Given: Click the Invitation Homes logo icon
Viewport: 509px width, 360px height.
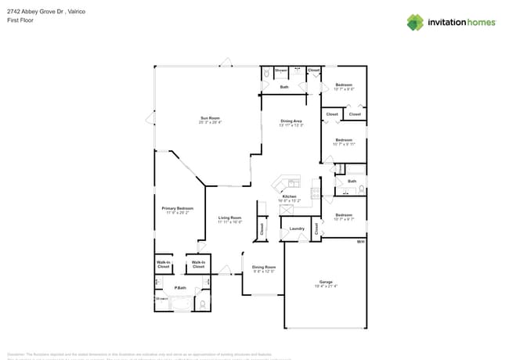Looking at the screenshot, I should pyautogui.click(x=415, y=22).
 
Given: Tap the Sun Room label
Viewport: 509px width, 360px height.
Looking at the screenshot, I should pyautogui.click(x=209, y=120).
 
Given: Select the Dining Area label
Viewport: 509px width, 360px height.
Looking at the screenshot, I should pyautogui.click(x=291, y=123).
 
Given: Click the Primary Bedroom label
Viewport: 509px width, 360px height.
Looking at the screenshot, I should pyautogui.click(x=177, y=210).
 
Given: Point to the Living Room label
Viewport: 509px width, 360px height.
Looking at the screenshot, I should pyautogui.click(x=229, y=219).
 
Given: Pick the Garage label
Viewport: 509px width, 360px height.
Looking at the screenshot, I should pyautogui.click(x=326, y=283).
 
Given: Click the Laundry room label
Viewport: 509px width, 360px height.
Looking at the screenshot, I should pyautogui.click(x=297, y=229).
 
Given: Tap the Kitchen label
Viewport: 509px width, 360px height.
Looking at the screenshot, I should pyautogui.click(x=290, y=197).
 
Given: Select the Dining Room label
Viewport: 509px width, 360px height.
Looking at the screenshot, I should pyautogui.click(x=264, y=268).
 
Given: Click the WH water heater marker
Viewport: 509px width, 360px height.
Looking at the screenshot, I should pyautogui.click(x=360, y=242).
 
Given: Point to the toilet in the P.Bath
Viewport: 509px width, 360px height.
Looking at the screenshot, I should pyautogui.click(x=202, y=304).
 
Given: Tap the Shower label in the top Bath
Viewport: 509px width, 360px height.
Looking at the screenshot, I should pyautogui.click(x=280, y=70).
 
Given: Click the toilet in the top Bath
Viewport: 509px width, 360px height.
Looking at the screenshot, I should pyautogui.click(x=266, y=73).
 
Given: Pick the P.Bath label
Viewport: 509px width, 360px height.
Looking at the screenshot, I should pyautogui.click(x=180, y=288).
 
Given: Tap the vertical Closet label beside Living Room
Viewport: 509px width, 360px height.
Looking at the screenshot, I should pyautogui.click(x=262, y=229).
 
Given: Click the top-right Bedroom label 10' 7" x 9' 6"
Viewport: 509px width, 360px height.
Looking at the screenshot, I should pyautogui.click(x=344, y=86).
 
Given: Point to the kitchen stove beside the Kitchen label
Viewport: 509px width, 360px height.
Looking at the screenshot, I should pyautogui.click(x=316, y=193).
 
